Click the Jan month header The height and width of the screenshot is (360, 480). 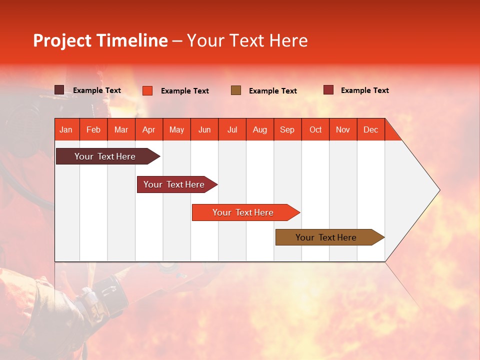click(66, 130)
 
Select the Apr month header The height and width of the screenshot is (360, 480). click(149, 130)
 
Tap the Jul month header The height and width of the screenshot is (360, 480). click(232, 130)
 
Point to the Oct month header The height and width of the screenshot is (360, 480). click(315, 130)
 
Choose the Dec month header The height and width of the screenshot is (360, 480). click(370, 130)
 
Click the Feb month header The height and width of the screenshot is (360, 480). click(93, 130)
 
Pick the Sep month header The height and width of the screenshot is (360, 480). click(287, 130)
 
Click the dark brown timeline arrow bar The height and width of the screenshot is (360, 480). click(108, 156)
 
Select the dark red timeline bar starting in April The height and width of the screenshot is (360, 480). click(177, 184)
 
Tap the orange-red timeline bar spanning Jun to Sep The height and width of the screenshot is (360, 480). click(246, 212)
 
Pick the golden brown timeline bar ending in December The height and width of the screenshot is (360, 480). click(330, 237)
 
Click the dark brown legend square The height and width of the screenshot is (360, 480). click(59, 90)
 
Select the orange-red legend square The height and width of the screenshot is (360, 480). click(147, 90)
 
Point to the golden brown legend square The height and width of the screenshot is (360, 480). click(236, 90)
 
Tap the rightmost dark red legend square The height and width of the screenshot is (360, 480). click(328, 89)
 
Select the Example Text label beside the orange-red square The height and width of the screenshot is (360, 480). click(185, 91)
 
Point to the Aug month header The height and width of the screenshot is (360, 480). click(260, 130)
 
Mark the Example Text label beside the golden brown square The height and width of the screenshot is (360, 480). click(273, 91)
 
